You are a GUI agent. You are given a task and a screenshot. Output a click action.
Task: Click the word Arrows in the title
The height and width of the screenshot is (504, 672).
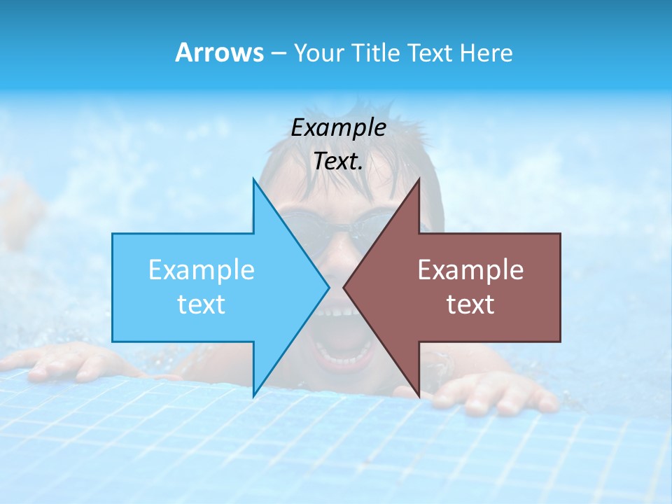click(219, 52)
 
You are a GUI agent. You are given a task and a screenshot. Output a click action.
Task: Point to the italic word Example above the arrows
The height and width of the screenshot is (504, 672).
click(338, 127)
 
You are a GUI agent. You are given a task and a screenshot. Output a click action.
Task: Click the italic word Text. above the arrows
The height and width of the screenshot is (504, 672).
click(338, 162)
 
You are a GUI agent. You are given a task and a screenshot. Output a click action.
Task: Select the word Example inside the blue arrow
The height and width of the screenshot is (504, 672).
click(202, 269)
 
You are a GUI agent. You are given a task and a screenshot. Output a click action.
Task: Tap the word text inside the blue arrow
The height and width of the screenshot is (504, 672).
click(202, 304)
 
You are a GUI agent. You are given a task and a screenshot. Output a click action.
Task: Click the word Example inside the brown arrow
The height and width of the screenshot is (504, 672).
click(470, 269)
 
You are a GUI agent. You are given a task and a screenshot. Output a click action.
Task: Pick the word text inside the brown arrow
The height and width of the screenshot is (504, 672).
click(470, 304)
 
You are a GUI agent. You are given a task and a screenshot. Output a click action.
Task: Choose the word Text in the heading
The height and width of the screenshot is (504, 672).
click(429, 52)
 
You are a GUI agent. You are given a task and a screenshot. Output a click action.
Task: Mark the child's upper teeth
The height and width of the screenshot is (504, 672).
click(336, 311)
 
